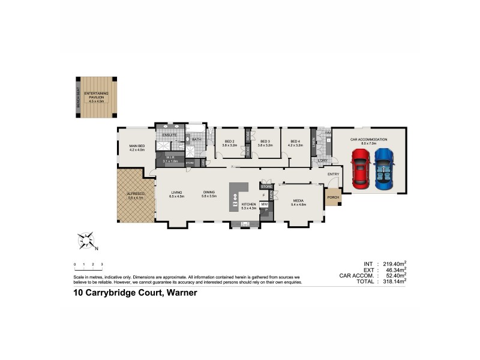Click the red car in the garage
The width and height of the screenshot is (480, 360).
pyautogui.click(x=361, y=167)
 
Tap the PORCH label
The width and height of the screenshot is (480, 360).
pyautogui.click(x=332, y=197)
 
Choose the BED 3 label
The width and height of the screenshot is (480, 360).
pyautogui.click(x=266, y=143)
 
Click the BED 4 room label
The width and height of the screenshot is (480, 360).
pyautogui.click(x=295, y=143)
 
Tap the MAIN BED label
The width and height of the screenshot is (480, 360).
pyautogui.click(x=137, y=147)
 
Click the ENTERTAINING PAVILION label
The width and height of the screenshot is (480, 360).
pyautogui.click(x=96, y=95)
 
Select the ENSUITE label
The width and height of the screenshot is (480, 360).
pyautogui.click(x=169, y=135)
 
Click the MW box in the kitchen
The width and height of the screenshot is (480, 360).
pyautogui.click(x=264, y=204)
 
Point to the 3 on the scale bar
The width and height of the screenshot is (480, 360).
pyautogui.click(x=102, y=265)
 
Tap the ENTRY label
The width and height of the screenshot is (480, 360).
pyautogui.click(x=333, y=175)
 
